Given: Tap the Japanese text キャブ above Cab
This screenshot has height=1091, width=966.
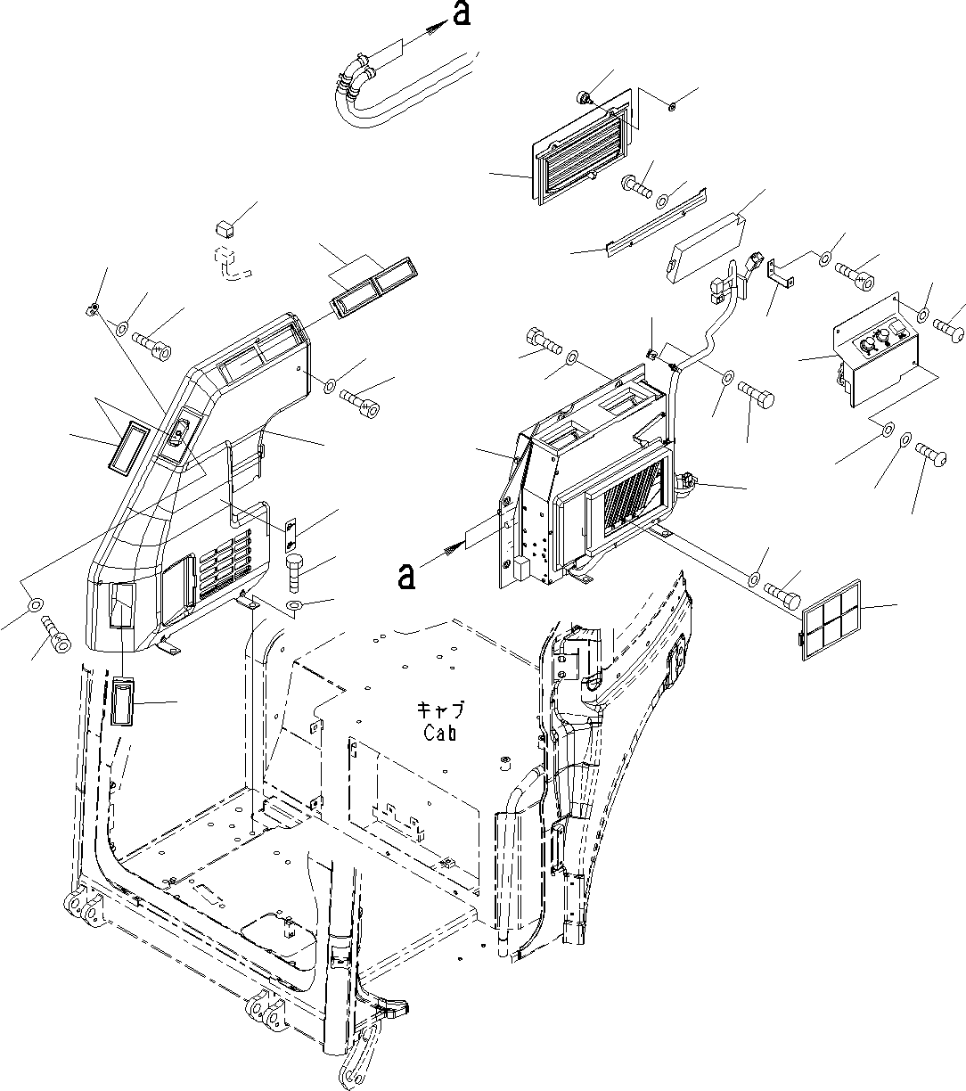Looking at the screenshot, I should pos(441,710).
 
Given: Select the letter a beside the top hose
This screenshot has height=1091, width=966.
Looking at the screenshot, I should pos(461,15).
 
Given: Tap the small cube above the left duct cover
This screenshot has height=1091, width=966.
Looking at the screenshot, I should pos(226,228).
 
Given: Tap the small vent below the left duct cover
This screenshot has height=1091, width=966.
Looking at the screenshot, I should pos(123,702).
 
